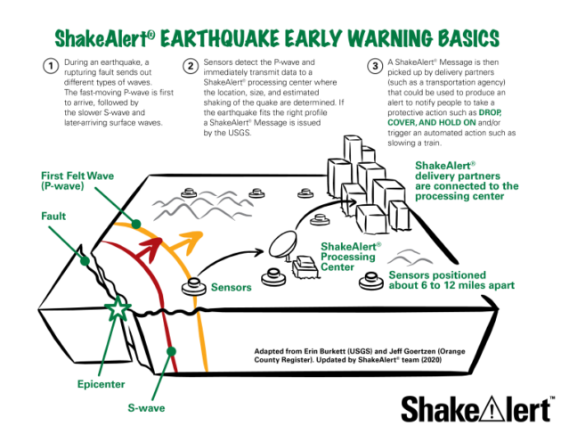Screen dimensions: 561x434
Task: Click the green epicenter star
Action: click(x=118, y=307)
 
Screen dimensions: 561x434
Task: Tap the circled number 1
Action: click(x=51, y=66)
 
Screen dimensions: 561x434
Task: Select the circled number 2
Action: click(x=191, y=66)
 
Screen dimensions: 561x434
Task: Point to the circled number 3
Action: click(x=375, y=66)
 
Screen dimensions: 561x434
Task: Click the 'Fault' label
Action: click(x=53, y=217)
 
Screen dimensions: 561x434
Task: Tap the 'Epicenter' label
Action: click(x=101, y=384)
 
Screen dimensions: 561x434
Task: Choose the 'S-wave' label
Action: click(x=146, y=408)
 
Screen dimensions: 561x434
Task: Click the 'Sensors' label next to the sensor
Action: click(x=232, y=287)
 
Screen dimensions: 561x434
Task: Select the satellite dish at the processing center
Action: click(x=283, y=244)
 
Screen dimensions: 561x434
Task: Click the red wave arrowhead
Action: click(x=151, y=246)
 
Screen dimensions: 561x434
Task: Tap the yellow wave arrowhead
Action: click(x=190, y=241)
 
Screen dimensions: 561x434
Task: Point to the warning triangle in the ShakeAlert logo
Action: click(x=492, y=408)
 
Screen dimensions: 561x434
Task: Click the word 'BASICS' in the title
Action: click(x=468, y=38)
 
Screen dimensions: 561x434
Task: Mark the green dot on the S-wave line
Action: click(x=171, y=351)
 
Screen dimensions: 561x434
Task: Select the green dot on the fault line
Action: click(x=85, y=261)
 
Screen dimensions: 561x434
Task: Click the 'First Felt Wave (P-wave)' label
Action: click(x=77, y=181)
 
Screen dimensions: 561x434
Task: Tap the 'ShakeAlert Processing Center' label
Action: click(x=351, y=257)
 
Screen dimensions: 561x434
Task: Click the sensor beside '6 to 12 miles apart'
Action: click(x=371, y=281)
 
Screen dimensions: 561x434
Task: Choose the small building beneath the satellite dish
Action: click(x=305, y=267)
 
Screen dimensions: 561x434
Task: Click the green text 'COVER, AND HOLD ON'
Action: click(x=432, y=122)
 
